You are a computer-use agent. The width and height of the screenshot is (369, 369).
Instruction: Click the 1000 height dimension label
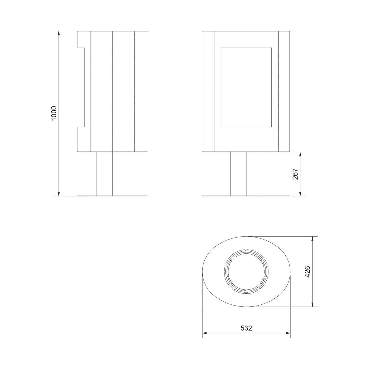(x=54, y=113)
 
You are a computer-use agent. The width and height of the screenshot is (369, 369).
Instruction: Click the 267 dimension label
(x=295, y=174)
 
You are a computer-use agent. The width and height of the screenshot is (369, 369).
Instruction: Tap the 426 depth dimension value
(x=307, y=272)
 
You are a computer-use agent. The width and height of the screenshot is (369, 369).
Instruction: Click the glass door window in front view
(x=246, y=87)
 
